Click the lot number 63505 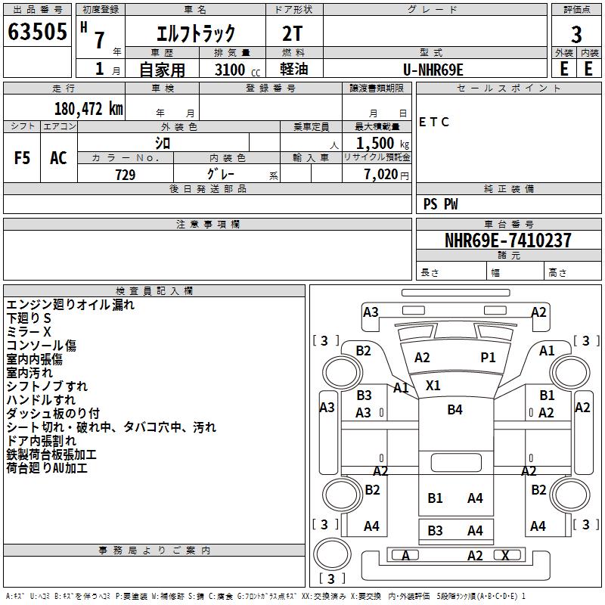[37, 33]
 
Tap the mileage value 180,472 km [88, 108]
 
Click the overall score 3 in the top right [576, 33]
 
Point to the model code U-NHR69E [433, 70]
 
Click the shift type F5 [22, 158]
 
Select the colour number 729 [125, 175]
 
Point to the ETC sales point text [434, 123]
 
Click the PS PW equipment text [440, 204]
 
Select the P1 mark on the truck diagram [489, 357]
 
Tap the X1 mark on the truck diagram [433, 385]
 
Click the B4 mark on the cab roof [455, 409]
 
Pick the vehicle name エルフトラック [196, 33]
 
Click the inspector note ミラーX [29, 332]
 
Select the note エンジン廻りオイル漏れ [70, 305]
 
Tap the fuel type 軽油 [294, 70]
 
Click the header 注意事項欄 [208, 225]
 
